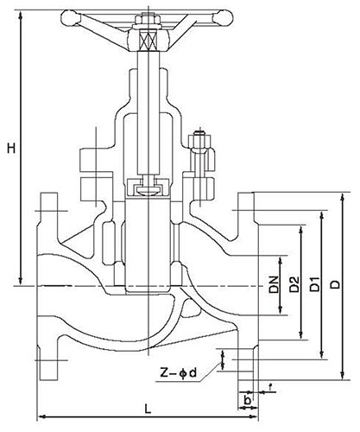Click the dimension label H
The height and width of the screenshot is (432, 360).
pyautogui.click(x=11, y=149)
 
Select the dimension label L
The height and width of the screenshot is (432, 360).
pyautogui.click(x=148, y=409)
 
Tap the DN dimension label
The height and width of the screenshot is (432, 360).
pyautogui.click(x=275, y=284)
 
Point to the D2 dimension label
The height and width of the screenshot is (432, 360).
pyautogui.click(x=294, y=284)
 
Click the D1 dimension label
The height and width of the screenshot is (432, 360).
pyautogui.click(x=315, y=284)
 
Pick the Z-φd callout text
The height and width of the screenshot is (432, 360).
pyautogui.click(x=178, y=373)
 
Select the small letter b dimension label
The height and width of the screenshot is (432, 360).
pyautogui.click(x=247, y=400)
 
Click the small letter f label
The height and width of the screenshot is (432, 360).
pyautogui.click(x=270, y=387)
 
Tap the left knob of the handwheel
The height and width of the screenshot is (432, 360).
pyautogui.click(x=70, y=18)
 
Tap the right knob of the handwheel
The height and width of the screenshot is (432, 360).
pyautogui.click(x=222, y=17)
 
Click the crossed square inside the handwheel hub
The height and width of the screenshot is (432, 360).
pyautogui.click(x=148, y=40)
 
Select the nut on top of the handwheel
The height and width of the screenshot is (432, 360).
pyautogui.click(x=148, y=19)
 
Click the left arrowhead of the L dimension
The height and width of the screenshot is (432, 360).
pyautogui.click(x=42, y=416)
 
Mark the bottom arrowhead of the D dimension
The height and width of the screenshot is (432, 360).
pyautogui.click(x=342, y=376)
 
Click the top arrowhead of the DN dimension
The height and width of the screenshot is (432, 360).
pyautogui.click(x=280, y=260)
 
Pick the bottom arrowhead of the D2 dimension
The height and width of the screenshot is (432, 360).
pyautogui.click(x=300, y=335)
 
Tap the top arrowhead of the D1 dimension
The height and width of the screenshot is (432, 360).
pyautogui.click(x=322, y=215)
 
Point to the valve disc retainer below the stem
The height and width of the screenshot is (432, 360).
pyautogui.click(x=148, y=187)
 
